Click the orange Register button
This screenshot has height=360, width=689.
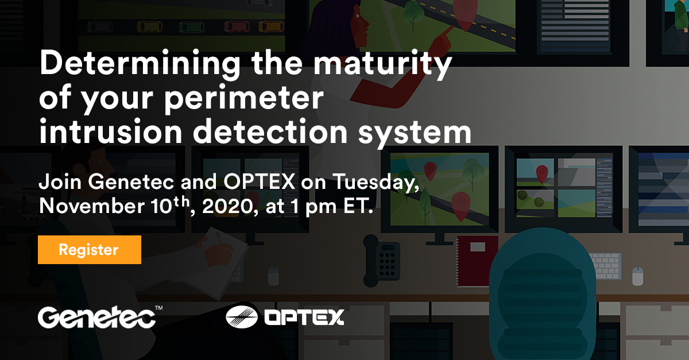click(x=89, y=250)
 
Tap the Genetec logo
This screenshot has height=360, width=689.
click(x=96, y=317)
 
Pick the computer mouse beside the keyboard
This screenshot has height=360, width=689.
click(x=638, y=276)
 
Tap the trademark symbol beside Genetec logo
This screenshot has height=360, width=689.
click(x=158, y=309)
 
